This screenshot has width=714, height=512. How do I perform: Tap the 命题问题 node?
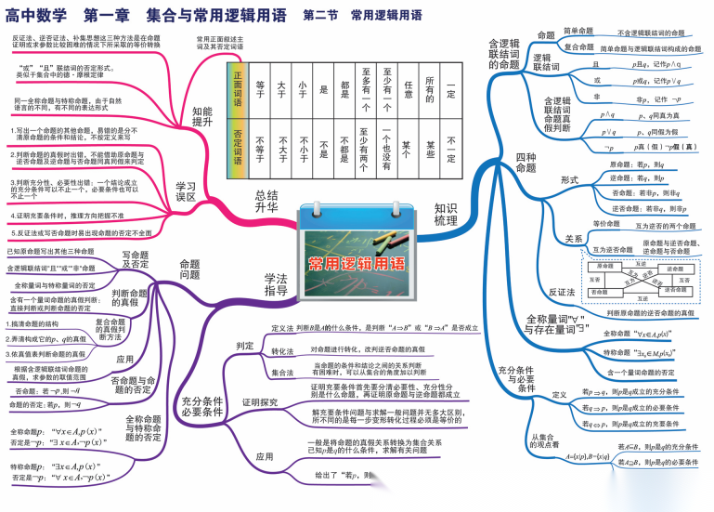(189, 269)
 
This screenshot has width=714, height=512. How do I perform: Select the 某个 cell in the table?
(409, 149)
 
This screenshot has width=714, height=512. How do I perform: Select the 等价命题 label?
(605, 224)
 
